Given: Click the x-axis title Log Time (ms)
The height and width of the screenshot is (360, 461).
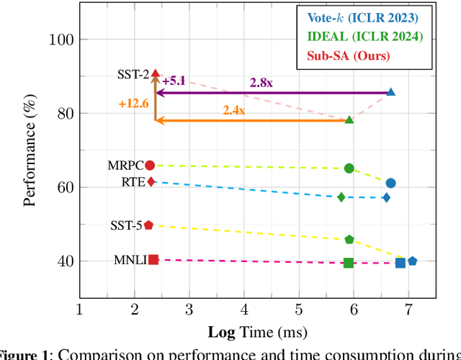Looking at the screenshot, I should coord(257,332).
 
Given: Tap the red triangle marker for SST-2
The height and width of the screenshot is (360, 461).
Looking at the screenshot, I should coord(156,73).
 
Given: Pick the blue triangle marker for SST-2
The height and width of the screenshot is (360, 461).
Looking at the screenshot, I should coord(391,92).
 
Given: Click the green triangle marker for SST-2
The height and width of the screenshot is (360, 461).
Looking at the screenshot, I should coord(349,120).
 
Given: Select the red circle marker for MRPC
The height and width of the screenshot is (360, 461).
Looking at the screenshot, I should coord(150,165).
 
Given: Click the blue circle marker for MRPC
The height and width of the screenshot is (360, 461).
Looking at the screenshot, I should coord(390,183).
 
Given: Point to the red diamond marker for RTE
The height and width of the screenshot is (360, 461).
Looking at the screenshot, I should coord(151,181).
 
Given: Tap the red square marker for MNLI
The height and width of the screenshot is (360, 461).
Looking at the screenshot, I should coord(153,259).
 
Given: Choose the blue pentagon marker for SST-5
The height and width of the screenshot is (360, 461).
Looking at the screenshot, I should coord(412,261).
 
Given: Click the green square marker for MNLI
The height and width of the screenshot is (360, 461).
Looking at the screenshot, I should coord(349,263).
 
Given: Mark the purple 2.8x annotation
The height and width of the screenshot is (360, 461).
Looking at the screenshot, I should coord(261,83).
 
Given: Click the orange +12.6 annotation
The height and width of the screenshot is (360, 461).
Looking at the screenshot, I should coord(133,104).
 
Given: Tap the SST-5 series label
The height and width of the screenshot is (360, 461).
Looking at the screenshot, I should coord(125,226).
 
